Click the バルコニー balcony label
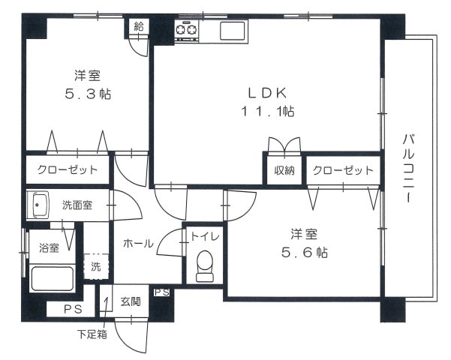point(409,169)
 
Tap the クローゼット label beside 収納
point(343,170)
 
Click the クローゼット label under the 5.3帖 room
point(68,169)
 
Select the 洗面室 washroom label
point(77,204)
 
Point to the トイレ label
point(205,236)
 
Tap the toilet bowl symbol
point(203,266)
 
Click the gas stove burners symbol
point(186,30)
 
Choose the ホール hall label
point(138,243)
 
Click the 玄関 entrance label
point(130,302)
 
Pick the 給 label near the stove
point(139,26)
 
